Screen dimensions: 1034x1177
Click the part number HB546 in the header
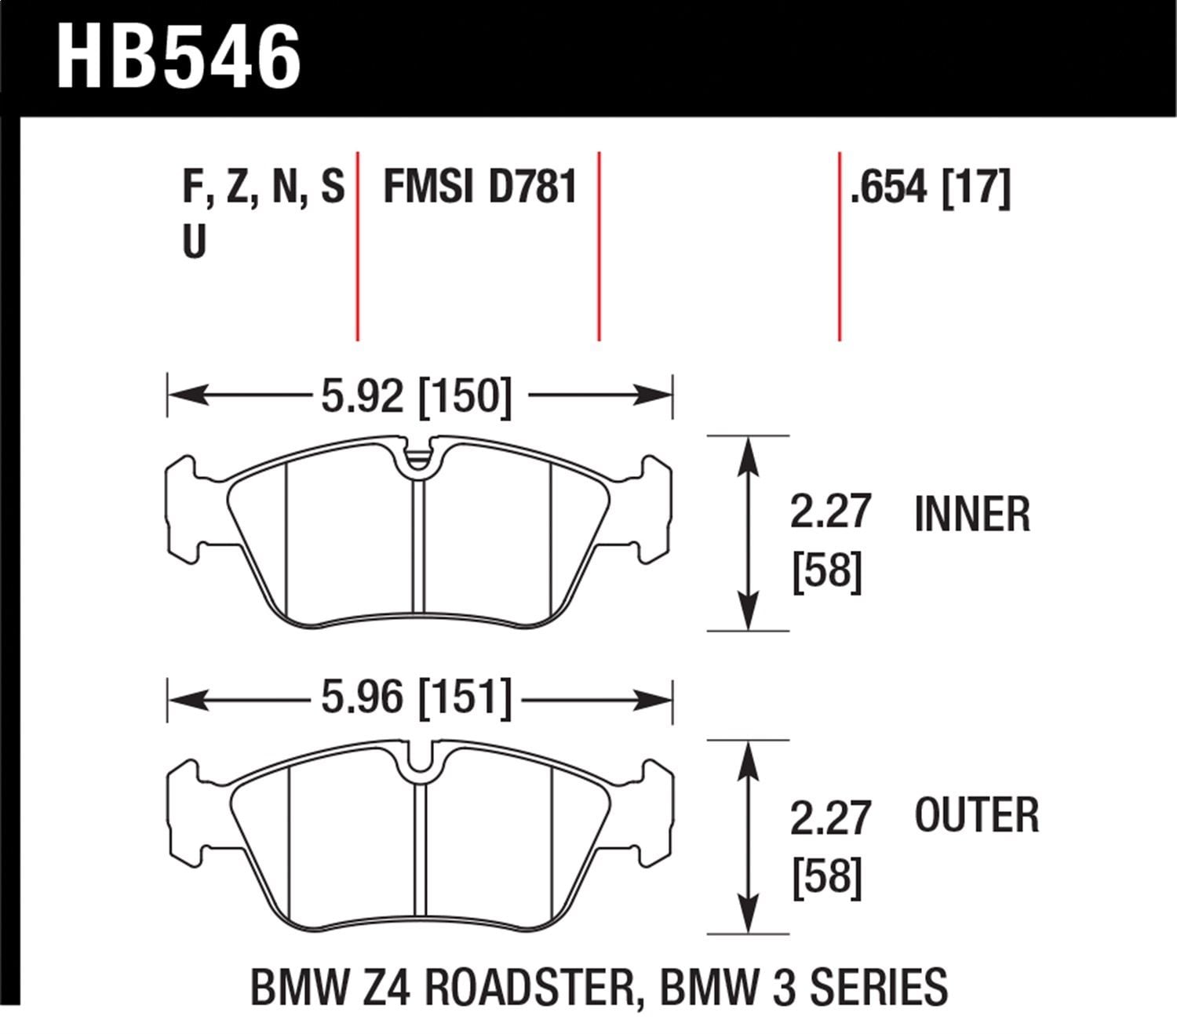tap(179, 56)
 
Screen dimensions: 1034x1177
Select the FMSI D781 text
tap(479, 188)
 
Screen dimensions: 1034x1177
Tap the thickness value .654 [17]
tap(931, 188)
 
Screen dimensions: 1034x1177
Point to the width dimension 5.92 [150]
tap(416, 395)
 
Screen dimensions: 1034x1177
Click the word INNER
tap(971, 515)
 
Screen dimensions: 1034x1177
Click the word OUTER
tap(976, 815)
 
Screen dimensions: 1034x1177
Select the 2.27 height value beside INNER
tap(830, 512)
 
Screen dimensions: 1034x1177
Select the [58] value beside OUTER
tap(827, 876)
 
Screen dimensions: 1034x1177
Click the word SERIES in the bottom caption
tap(878, 987)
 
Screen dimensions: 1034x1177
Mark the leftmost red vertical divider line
tap(358, 247)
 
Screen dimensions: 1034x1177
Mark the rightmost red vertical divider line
tap(840, 247)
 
